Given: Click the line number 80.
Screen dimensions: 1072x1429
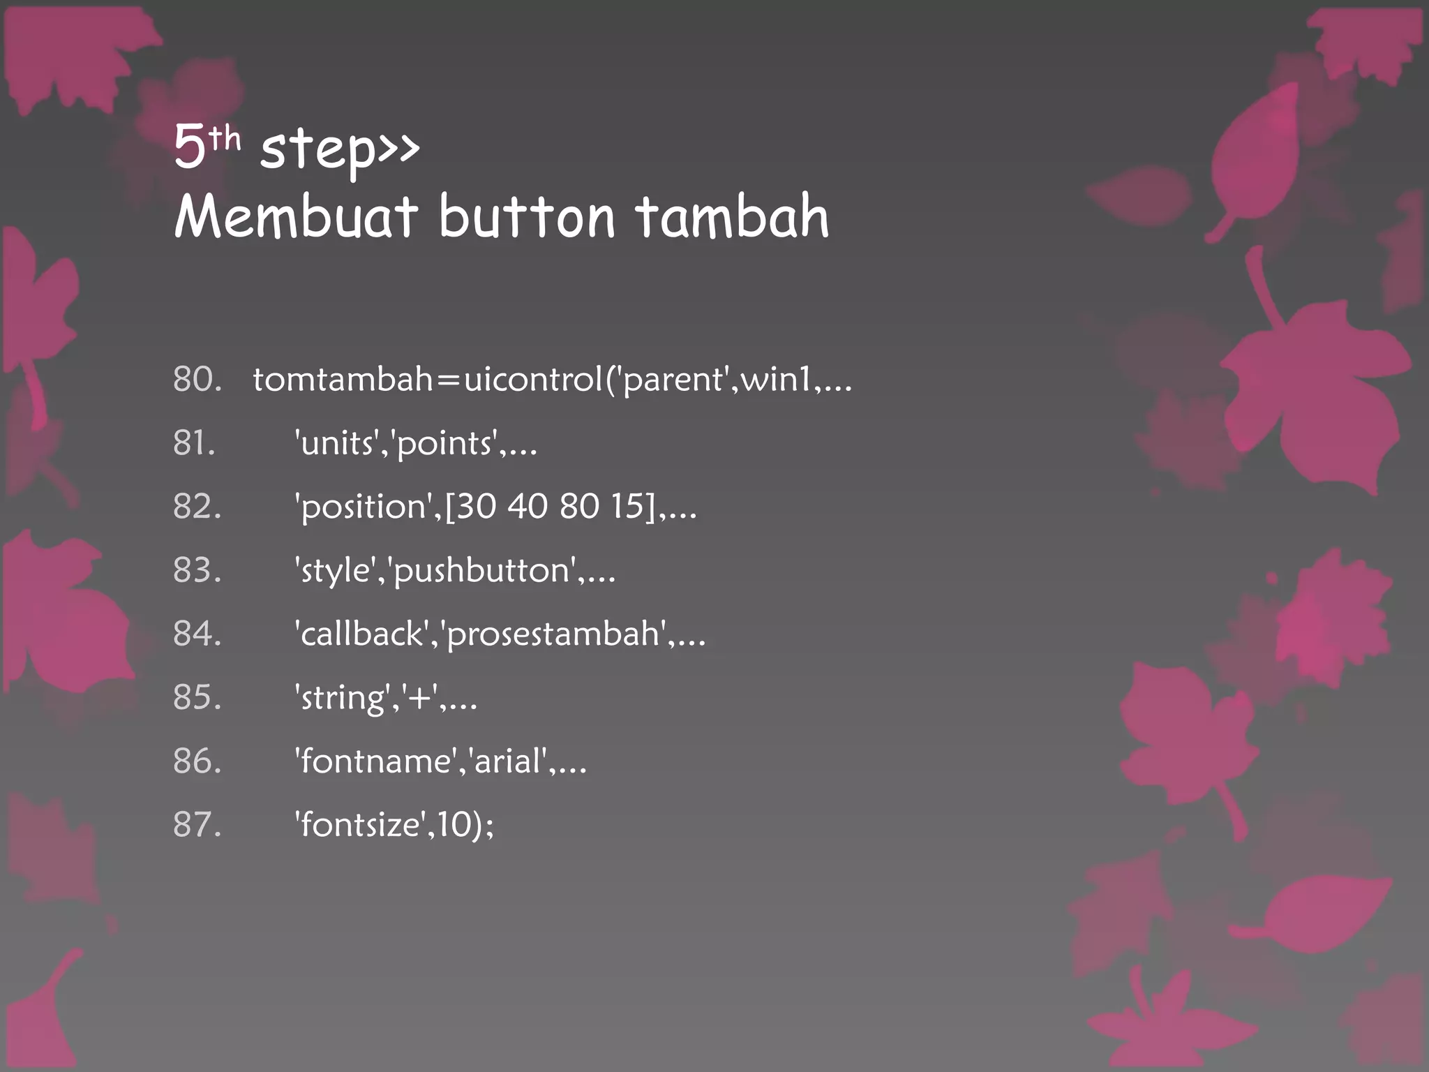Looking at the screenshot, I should coord(197,379).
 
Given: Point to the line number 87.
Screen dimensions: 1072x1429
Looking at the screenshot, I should coord(197,824).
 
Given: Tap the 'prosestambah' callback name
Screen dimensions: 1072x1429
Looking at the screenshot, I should coord(554,634).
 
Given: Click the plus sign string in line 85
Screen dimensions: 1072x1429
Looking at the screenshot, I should coord(419,697).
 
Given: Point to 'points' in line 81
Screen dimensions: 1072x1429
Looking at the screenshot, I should coord(447,443).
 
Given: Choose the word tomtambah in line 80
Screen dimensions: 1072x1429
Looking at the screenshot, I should coord(343,379).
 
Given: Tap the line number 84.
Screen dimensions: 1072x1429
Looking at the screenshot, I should coord(197,633).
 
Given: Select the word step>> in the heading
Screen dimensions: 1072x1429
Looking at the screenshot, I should coord(340,148).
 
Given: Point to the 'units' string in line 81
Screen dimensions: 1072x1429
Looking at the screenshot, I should coord(338,443).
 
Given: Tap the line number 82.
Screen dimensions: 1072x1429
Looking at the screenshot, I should coord(197,506).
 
